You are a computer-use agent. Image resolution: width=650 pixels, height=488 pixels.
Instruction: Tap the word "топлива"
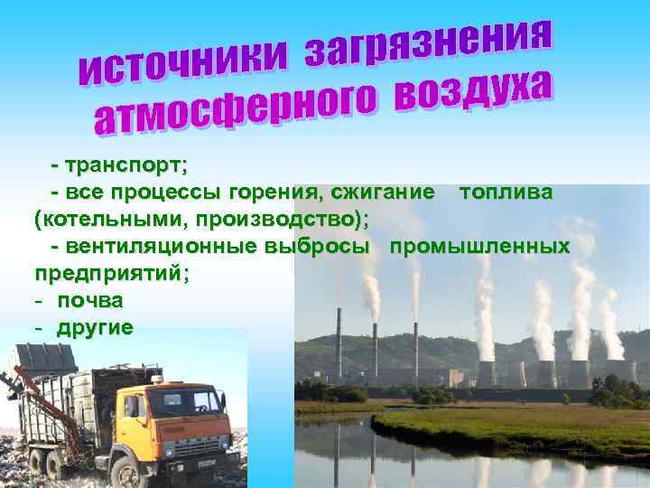pyautogui.click(x=506, y=192)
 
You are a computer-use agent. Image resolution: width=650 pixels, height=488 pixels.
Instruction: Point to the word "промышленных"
pyautogui.click(x=478, y=246)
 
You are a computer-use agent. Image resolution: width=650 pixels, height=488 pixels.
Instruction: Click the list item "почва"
pyautogui.click(x=90, y=299)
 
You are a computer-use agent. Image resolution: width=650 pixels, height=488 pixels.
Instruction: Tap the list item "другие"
pyautogui.click(x=95, y=326)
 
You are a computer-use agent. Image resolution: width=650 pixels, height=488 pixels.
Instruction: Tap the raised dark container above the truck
pyautogui.click(x=45, y=358)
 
